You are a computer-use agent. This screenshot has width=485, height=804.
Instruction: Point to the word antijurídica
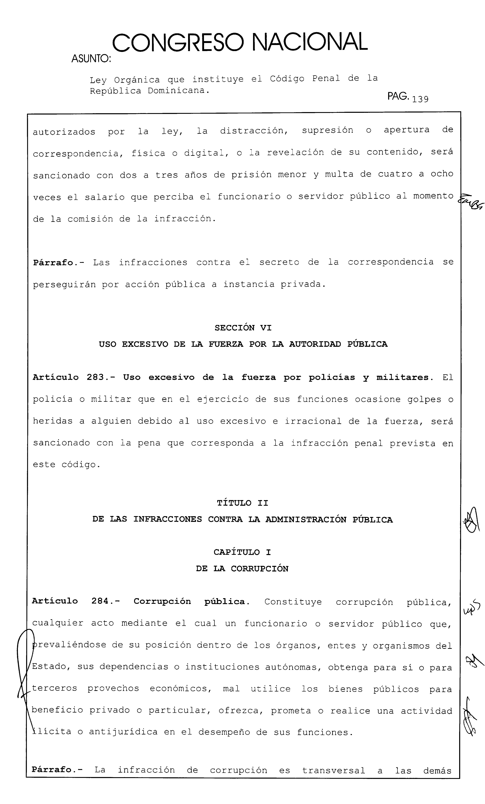coord(123,732)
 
